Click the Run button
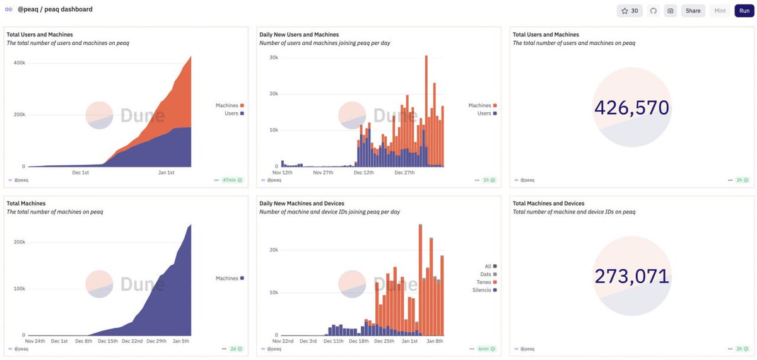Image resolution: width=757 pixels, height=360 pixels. (x=744, y=11)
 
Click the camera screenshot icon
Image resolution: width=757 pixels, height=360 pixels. (x=670, y=11)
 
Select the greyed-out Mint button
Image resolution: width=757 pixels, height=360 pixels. (x=720, y=11)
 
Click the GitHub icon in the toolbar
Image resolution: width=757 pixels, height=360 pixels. (x=654, y=11)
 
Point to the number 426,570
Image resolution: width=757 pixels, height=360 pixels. (x=631, y=108)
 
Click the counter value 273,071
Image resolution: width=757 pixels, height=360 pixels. (x=631, y=276)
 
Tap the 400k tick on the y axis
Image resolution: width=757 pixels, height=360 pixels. (x=20, y=63)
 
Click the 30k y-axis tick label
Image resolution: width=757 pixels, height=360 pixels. (x=274, y=57)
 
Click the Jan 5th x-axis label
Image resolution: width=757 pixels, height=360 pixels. (x=181, y=341)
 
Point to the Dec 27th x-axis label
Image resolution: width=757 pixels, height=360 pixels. (x=404, y=173)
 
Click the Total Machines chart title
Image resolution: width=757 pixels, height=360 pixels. (x=26, y=203)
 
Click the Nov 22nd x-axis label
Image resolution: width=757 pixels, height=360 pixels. (x=283, y=341)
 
